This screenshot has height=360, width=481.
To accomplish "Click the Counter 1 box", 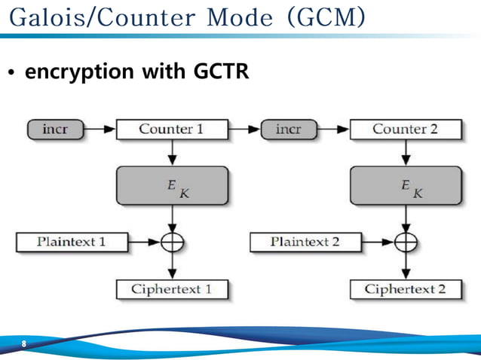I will coord(171,130).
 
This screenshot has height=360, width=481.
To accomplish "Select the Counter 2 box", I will coord(405,130).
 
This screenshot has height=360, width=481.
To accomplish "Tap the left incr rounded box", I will coord(55,130).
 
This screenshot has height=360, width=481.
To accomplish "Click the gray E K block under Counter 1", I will coord(172,185).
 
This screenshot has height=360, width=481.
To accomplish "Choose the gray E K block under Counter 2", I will coord(406,185).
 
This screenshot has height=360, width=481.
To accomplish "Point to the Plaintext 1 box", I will coord(72,242).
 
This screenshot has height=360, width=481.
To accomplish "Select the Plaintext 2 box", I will coord(305,242).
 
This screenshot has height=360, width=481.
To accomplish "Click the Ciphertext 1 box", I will coord(172,289).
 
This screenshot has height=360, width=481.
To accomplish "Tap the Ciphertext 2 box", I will coord(406,289).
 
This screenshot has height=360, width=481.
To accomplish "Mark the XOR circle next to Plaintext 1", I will coord(173,242).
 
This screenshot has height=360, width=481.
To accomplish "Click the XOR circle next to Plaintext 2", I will coord(406,242).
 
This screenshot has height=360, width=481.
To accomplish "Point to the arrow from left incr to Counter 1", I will coord(99,130).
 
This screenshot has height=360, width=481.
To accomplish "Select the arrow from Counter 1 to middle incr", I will coord(243,130).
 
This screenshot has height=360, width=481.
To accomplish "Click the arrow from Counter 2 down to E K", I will coord(406,152).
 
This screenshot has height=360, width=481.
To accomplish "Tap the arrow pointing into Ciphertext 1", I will coord(173,267).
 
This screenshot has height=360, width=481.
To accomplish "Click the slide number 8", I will coord(24,344).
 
